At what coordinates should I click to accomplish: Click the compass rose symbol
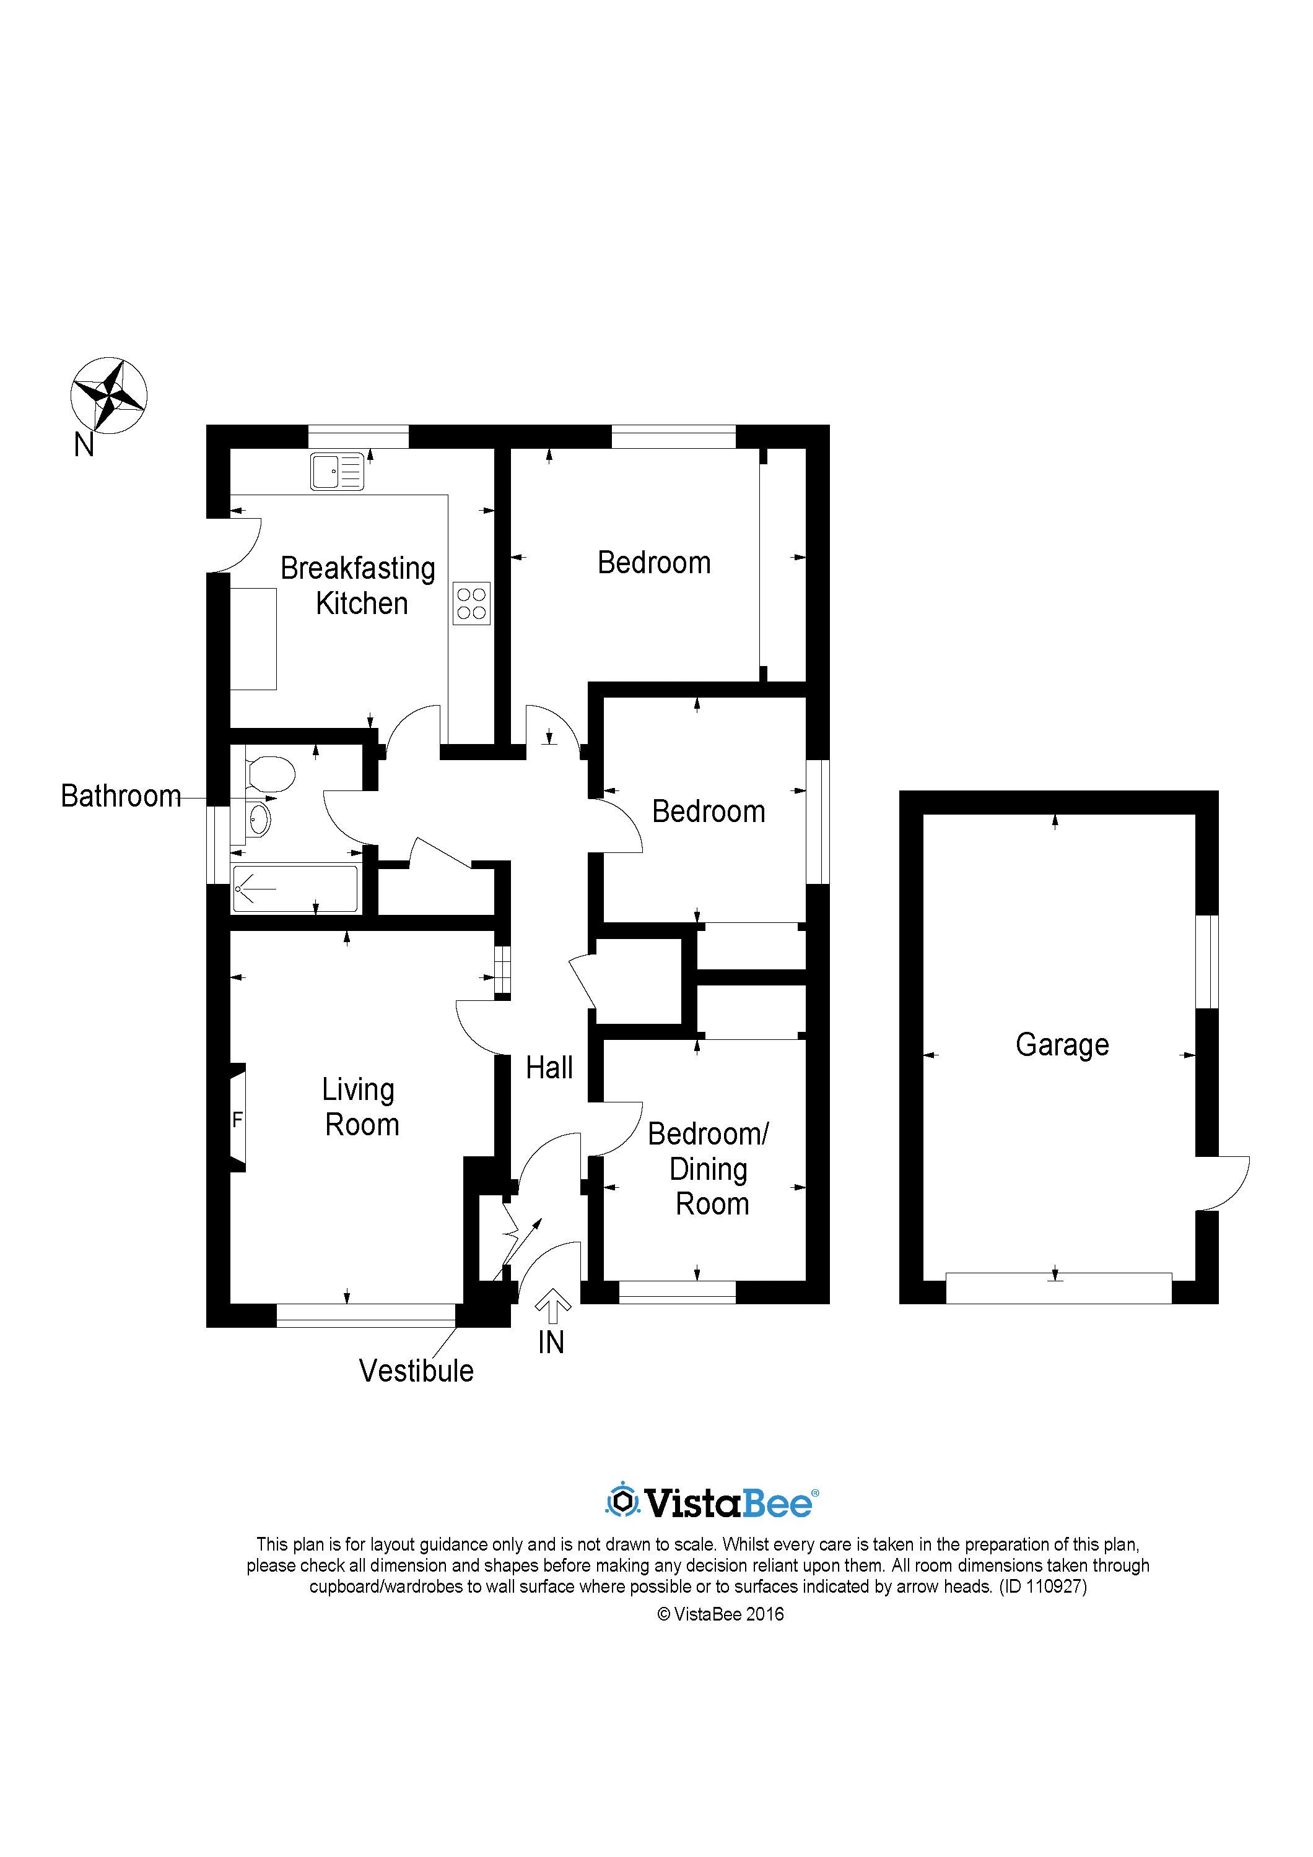(108, 396)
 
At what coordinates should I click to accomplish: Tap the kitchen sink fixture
(336, 472)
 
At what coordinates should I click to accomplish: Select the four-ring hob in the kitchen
(471, 604)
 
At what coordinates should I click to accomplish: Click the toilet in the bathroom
(269, 774)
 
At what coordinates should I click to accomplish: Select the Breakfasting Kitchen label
(359, 586)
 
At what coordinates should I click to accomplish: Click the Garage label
(1062, 1044)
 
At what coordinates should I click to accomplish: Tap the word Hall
(549, 1068)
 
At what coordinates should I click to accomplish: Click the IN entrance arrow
(552, 1305)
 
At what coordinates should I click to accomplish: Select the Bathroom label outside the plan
(121, 796)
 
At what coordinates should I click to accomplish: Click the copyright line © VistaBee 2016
(720, 1614)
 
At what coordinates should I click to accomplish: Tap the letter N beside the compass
(84, 445)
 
